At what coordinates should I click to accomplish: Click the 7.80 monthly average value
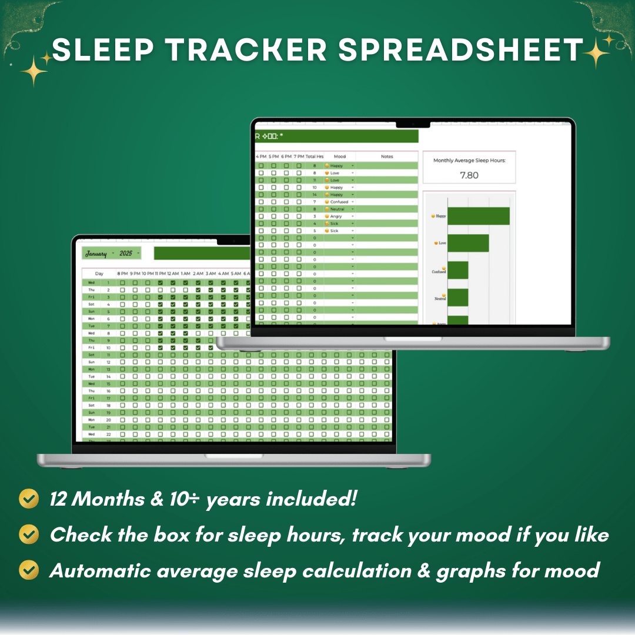(469, 175)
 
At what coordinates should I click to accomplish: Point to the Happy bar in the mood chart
(478, 216)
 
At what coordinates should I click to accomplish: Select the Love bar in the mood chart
(468, 243)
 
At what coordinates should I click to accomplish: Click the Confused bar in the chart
(457, 270)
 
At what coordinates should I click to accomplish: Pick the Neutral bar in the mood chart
(457, 298)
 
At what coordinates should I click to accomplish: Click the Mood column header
(340, 157)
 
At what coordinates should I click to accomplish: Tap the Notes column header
(386, 157)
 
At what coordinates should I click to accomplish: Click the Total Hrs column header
(315, 157)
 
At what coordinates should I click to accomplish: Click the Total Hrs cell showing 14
(315, 195)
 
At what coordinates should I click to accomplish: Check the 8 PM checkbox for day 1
(122, 283)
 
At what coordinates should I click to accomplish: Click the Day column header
(99, 273)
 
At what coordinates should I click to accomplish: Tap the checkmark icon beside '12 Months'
(29, 499)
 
